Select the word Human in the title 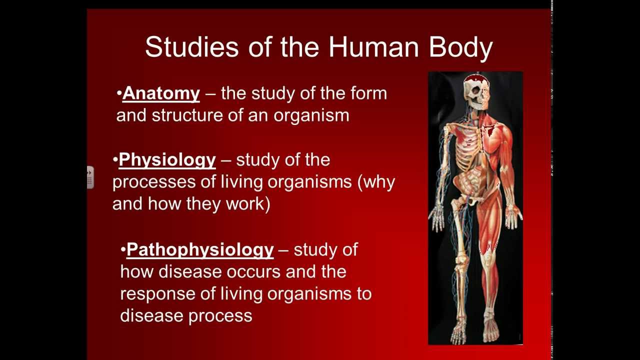pyautogui.click(x=373, y=47)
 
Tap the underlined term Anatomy pyautogui.click(x=161, y=93)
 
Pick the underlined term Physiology pyautogui.click(x=167, y=160)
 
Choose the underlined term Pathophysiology pyautogui.click(x=200, y=249)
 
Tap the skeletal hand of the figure pyautogui.click(x=437, y=218)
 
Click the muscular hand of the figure pyautogui.click(x=513, y=216)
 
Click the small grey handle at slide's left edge pyautogui.click(x=90, y=177)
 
